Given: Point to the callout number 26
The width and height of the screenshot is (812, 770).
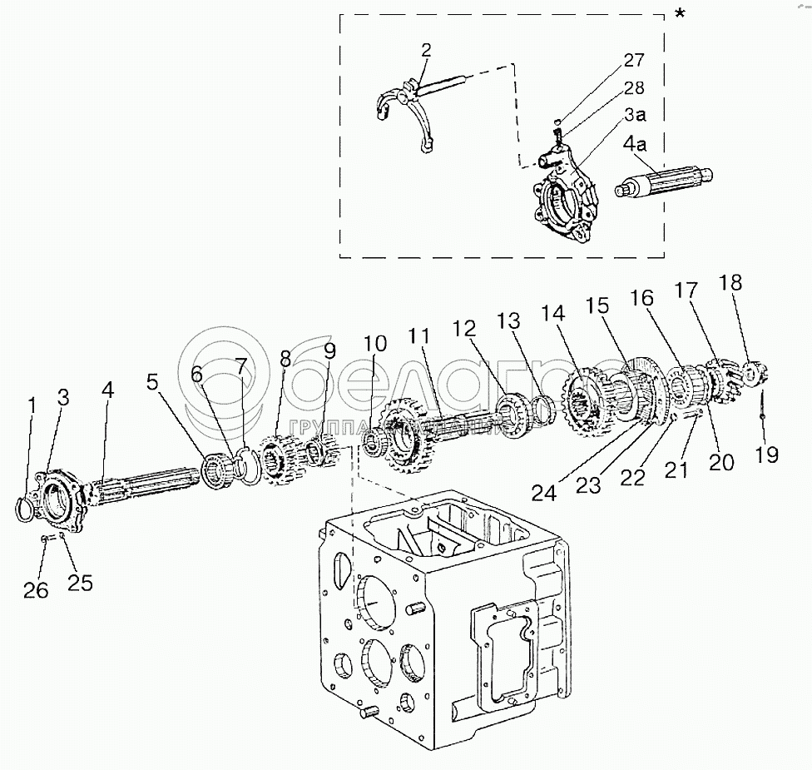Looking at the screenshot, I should (36, 590).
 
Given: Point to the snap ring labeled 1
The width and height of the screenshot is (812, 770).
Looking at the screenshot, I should (26, 504).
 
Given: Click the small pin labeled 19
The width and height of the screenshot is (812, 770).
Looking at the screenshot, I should (761, 408).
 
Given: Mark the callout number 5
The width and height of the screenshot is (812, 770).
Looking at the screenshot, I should (151, 384).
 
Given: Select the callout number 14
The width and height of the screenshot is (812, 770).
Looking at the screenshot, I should (553, 314).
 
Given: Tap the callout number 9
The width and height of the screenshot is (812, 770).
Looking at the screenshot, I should (330, 353).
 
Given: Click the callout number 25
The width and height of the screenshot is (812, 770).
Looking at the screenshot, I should (80, 582).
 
